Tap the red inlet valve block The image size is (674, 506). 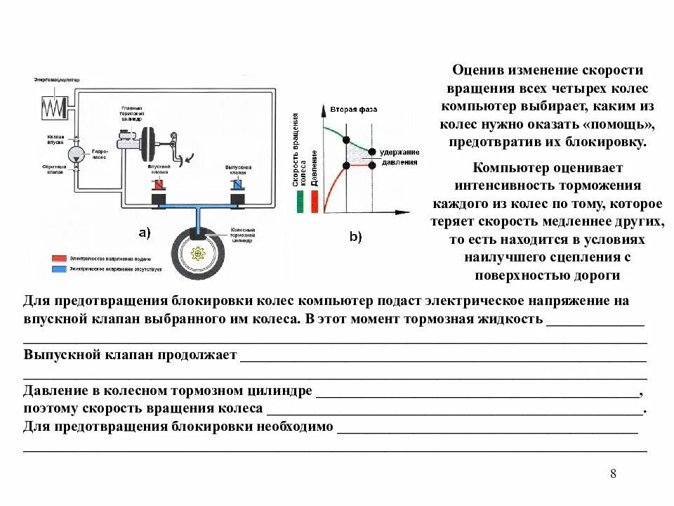(158, 185)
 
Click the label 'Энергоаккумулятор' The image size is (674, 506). (57, 80)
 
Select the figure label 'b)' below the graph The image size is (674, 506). (355, 237)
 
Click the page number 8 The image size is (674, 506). (613, 473)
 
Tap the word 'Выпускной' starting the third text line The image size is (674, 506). (58, 355)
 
